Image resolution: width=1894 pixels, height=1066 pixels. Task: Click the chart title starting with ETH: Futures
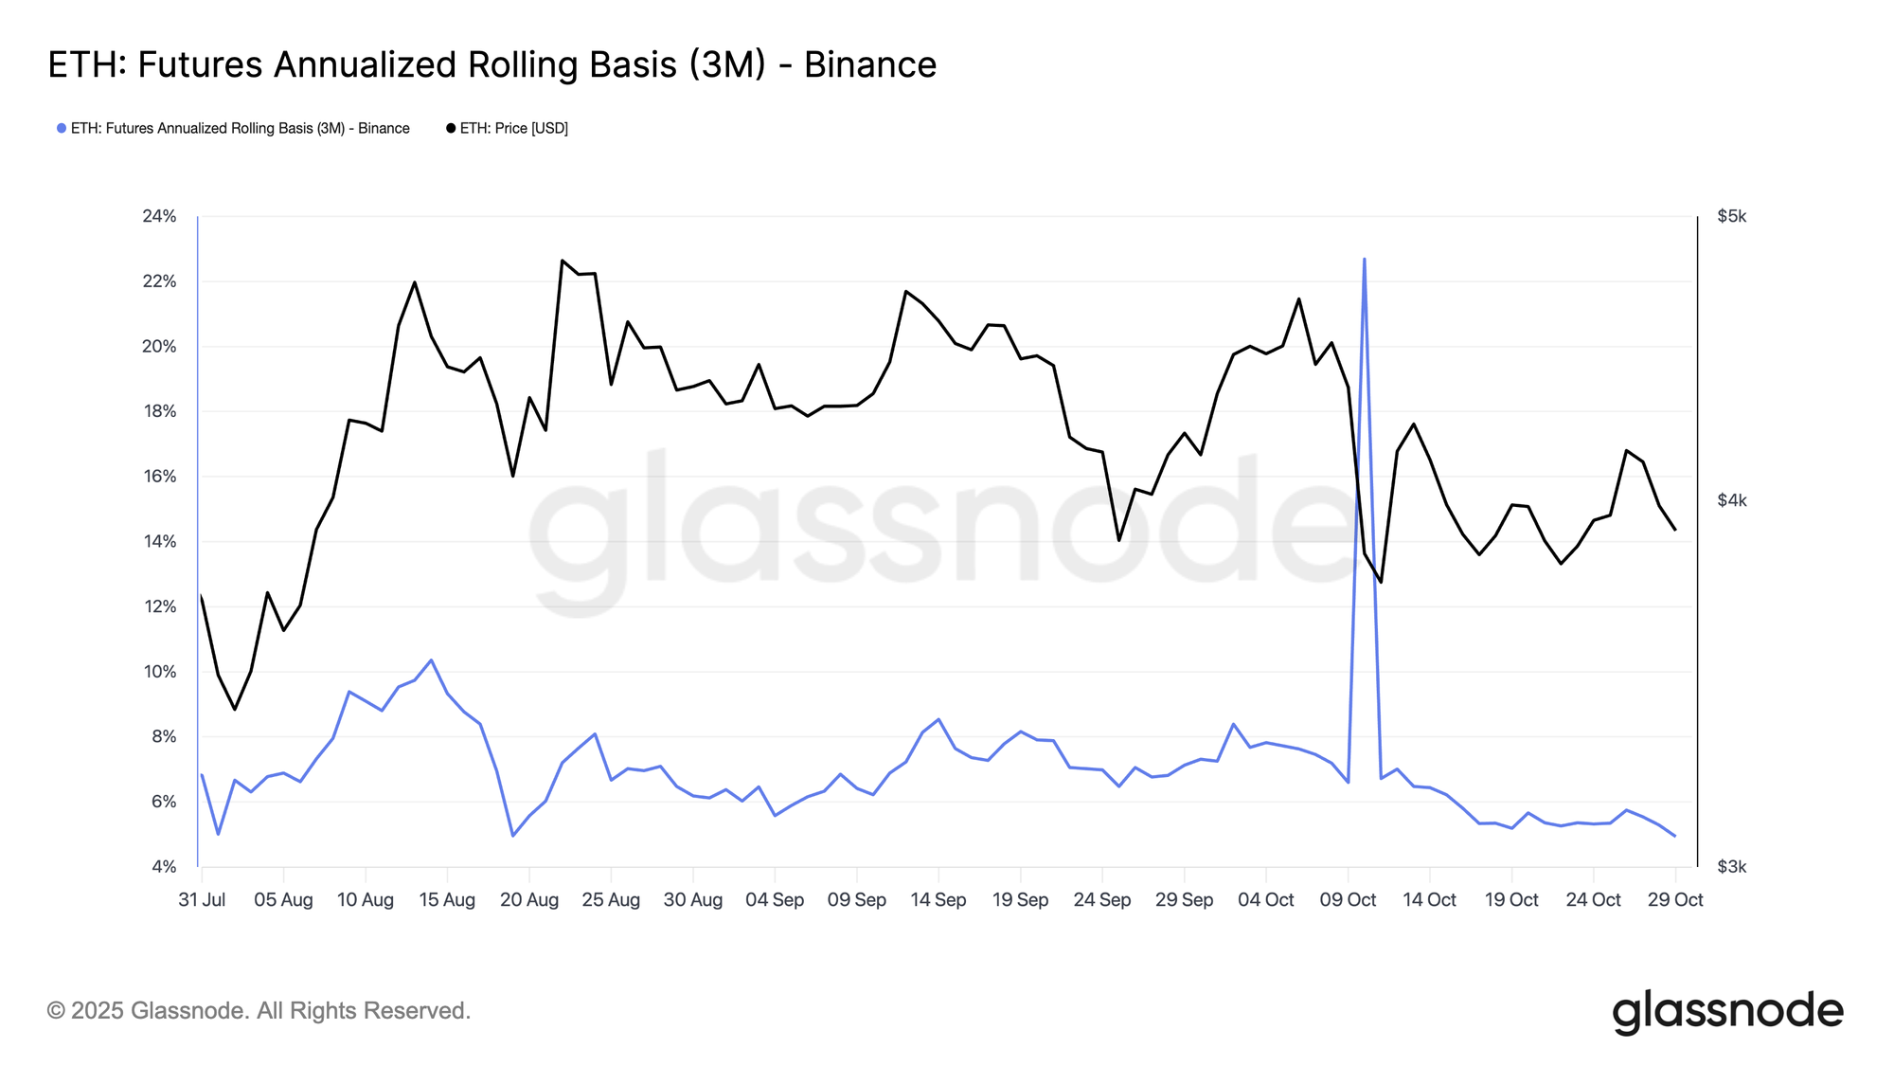coord(491,64)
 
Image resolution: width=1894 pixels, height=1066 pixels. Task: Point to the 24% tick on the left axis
coord(159,216)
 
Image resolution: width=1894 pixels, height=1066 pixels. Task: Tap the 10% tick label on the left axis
coord(159,672)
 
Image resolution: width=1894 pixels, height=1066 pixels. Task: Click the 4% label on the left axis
coord(163,867)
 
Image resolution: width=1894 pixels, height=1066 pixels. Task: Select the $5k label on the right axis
coord(1731,216)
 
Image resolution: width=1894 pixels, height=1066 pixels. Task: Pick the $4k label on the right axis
coord(1731,500)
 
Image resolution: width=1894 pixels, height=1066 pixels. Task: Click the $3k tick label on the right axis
coord(1731,867)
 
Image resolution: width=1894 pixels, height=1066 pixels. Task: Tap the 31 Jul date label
coord(202,900)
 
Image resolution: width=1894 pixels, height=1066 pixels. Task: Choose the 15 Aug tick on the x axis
coord(447,900)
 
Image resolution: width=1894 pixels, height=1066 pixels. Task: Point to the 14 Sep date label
coord(938,900)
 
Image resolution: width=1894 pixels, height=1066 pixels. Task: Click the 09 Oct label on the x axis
coord(1348,900)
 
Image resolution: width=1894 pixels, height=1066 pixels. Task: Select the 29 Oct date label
coord(1675,900)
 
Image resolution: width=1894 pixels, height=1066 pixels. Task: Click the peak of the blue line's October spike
coord(1364,259)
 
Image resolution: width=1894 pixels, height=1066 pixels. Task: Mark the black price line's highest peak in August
coord(563,260)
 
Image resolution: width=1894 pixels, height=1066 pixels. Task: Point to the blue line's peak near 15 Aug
coord(431,659)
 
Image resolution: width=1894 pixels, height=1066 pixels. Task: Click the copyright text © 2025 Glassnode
coord(259,1011)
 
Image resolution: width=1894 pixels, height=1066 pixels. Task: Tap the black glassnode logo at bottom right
coord(1727,1011)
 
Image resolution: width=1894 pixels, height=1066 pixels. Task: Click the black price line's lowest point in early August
coord(235,709)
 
